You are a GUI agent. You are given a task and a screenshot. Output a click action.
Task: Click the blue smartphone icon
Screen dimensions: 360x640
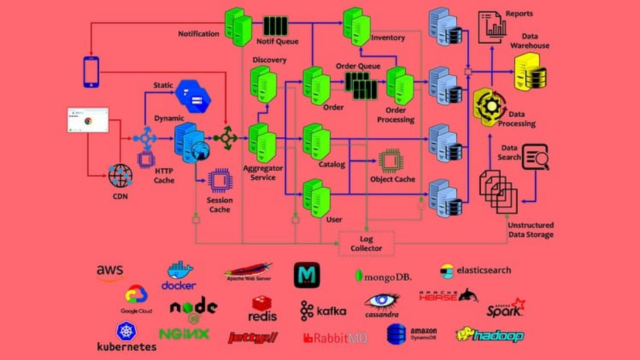[91, 72]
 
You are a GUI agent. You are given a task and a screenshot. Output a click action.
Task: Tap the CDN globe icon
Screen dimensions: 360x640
[120, 176]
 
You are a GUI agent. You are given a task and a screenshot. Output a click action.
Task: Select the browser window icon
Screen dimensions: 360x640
[87, 120]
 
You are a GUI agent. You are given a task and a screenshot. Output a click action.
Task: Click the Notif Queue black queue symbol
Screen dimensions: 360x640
[275, 26]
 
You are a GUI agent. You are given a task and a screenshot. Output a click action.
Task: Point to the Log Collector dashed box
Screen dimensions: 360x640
[366, 243]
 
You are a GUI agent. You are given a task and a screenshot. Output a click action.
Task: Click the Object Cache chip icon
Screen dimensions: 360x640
[390, 161]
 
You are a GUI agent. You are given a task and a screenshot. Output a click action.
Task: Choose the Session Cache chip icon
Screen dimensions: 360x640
[220, 181]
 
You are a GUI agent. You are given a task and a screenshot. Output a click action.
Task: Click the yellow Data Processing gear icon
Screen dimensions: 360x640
[490, 107]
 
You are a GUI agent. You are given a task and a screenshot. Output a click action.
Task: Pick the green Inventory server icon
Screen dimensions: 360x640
[357, 26]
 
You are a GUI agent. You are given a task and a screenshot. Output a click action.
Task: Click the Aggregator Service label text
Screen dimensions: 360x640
[263, 173]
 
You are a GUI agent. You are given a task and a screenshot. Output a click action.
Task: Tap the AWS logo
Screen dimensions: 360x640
[109, 272]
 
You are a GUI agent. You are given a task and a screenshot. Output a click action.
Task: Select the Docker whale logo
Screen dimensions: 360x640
[179, 275]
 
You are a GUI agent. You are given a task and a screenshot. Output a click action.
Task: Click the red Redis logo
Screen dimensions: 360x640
[262, 309]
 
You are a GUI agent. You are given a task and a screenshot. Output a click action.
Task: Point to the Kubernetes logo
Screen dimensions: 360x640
[126, 337]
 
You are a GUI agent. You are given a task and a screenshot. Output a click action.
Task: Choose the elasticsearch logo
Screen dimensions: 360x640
[475, 271]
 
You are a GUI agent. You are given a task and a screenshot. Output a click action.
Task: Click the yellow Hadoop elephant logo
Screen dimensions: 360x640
[489, 335]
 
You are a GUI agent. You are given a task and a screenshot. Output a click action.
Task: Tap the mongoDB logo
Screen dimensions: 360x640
[382, 276]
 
